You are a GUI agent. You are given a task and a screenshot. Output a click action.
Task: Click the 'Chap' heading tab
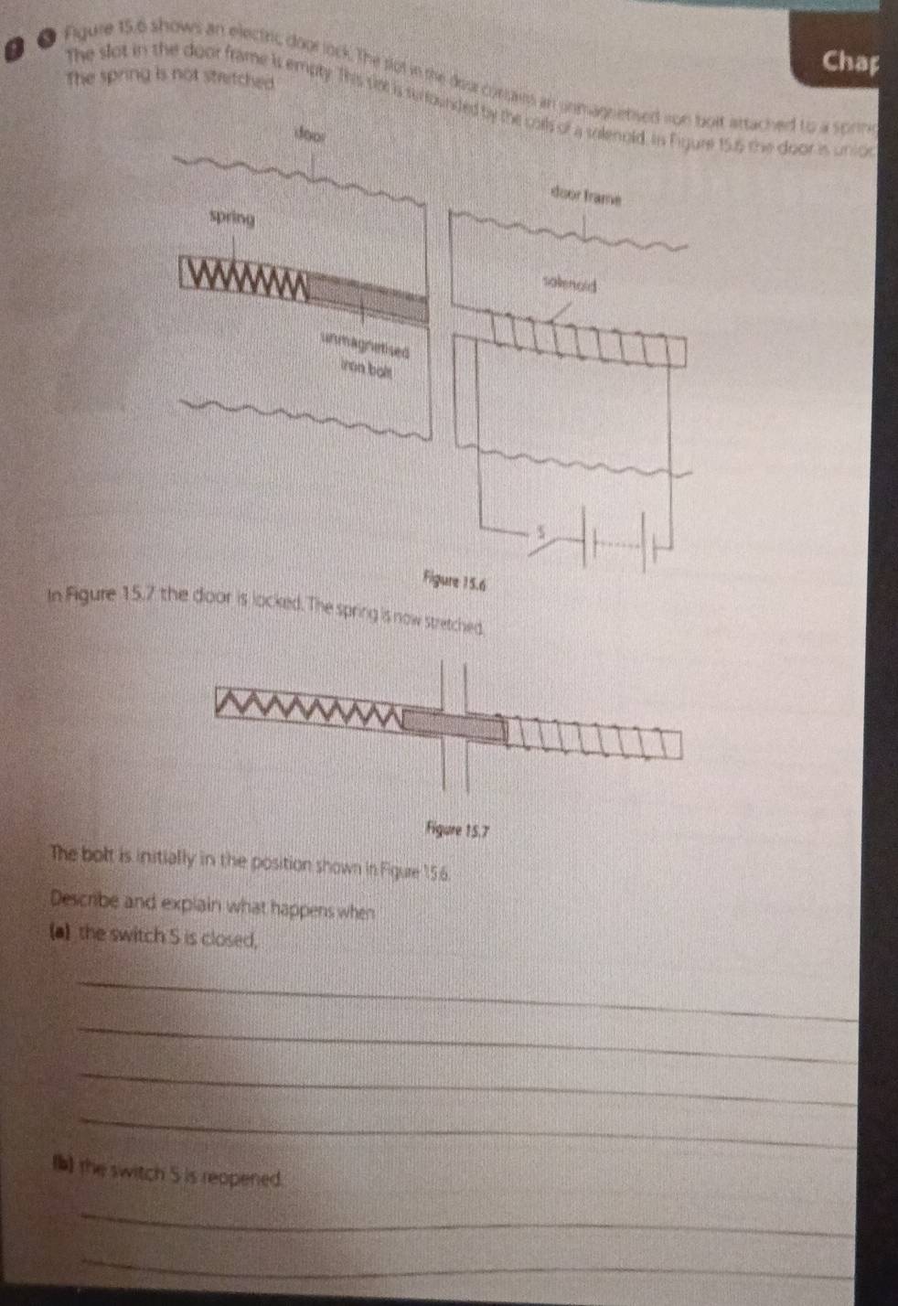[850, 61]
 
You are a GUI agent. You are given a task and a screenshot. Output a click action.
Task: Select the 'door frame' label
[585, 196]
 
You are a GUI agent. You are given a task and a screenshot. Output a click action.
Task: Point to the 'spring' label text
[232, 219]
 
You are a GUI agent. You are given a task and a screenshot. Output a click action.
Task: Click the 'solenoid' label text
[569, 284]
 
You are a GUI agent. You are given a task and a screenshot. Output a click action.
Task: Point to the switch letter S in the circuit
[540, 530]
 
